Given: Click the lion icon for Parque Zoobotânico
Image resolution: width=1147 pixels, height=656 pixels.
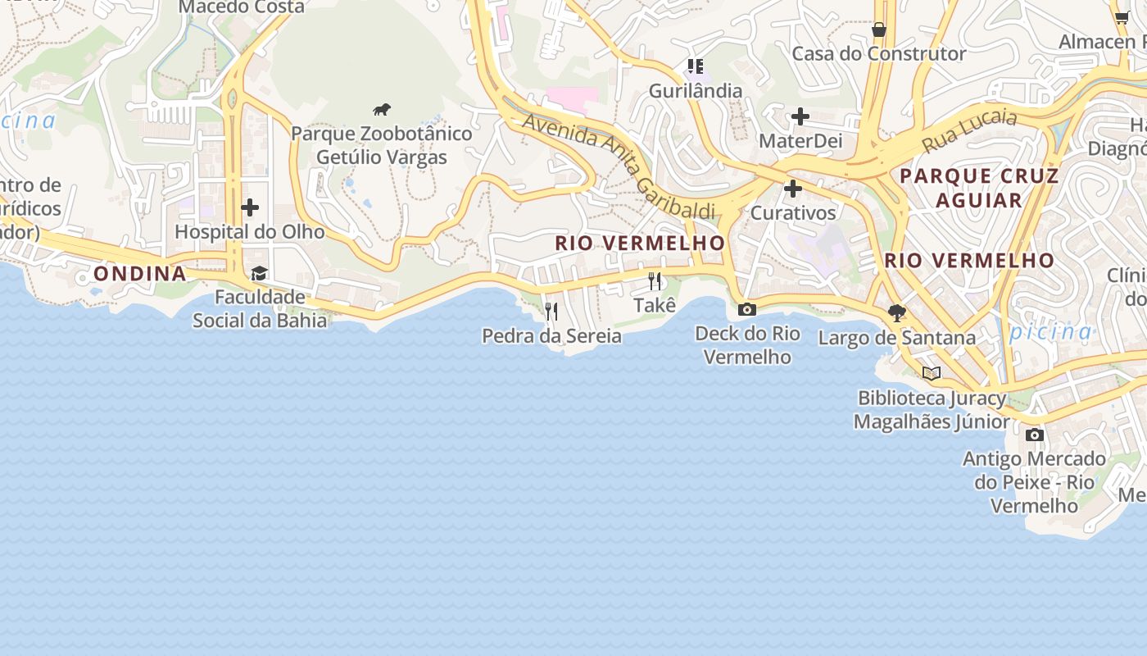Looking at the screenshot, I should pos(382,110).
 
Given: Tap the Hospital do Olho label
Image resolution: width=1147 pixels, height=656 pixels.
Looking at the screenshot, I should pos(249,232).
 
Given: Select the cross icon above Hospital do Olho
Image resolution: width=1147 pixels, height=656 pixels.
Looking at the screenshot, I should pos(250,207).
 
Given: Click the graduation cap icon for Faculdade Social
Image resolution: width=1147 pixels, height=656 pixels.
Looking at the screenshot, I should pos(260,273).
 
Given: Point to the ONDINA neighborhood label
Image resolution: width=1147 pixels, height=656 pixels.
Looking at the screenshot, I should pos(140,274).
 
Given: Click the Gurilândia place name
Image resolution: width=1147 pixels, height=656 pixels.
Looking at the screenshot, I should pos(696,91).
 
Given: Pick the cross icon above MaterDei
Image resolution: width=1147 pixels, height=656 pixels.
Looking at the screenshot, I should pos(800,116).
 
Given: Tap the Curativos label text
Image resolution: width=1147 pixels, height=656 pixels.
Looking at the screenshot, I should pos(793,213).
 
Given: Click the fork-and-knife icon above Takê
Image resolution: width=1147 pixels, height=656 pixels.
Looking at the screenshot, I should pos(655,281).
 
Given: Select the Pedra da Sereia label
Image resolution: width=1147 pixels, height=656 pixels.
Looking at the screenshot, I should pos(551,336).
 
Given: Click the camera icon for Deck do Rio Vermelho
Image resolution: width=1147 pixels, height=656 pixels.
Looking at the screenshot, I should pos(746,310).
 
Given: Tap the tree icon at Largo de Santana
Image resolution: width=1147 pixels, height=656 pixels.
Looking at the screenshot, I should pos(897,312).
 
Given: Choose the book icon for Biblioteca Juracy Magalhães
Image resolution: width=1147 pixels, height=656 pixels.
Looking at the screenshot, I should pos(931,374).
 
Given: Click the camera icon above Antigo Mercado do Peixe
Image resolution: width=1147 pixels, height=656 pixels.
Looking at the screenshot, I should pos(1035,435).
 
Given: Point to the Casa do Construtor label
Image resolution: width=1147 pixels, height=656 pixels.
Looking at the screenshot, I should pos(878,54).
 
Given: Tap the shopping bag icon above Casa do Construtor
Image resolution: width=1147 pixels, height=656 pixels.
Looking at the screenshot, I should pos(878,30).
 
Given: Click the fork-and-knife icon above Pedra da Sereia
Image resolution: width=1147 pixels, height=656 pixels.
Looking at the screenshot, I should pos(551,312).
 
